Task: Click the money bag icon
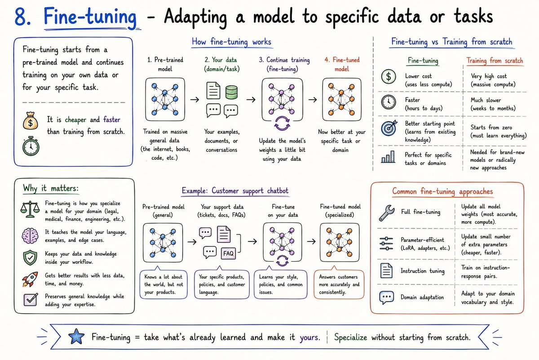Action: pos(31,121)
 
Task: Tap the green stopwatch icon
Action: pos(31,146)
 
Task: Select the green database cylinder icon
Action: pos(231,92)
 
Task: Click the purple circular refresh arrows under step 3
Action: pos(282,124)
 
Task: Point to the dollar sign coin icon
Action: pos(389,76)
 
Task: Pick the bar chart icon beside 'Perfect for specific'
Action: pos(388,157)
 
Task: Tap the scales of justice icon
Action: pos(30,209)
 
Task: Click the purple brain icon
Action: pos(30,236)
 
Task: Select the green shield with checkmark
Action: pos(30,258)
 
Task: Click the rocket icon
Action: pos(30,279)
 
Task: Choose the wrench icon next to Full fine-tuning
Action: pos(387,213)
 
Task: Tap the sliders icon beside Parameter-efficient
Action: pos(386,244)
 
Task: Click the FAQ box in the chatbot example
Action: pos(228,253)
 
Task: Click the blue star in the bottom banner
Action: pos(76,336)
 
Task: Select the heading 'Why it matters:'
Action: pos(51,188)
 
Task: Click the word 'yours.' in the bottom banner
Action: pos(310,338)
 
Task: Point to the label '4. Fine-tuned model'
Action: pos(342,64)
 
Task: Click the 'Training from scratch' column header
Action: pos(495,60)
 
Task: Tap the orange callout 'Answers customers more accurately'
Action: pos(339,284)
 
